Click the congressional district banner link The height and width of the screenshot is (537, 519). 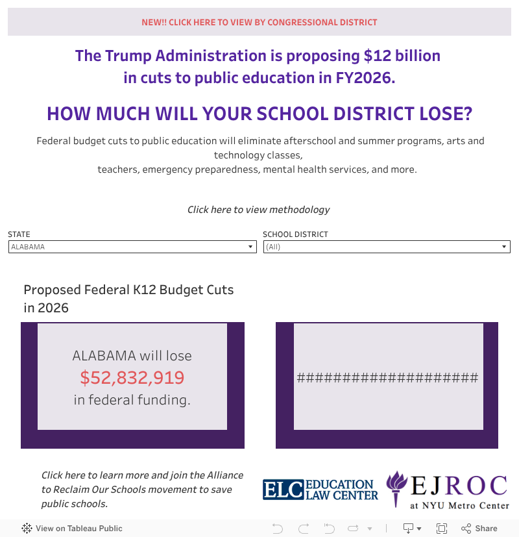(259, 22)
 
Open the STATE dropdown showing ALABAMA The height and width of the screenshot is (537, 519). (132, 247)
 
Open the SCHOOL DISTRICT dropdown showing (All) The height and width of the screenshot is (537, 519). (387, 247)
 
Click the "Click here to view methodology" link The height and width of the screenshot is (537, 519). (258, 209)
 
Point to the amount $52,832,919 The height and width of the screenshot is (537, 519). (132, 377)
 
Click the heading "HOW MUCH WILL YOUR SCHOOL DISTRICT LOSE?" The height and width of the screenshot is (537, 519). (259, 114)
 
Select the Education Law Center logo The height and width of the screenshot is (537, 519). (320, 489)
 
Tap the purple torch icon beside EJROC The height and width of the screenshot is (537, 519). (396, 488)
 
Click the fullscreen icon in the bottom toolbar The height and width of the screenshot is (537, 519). (442, 528)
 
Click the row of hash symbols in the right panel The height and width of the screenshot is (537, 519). (387, 378)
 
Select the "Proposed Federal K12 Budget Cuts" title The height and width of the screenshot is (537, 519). (128, 290)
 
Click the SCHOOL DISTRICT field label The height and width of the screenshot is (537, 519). (295, 234)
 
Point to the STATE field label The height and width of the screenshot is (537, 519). (19, 234)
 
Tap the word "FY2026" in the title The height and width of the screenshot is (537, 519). (364, 78)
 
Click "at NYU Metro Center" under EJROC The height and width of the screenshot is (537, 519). (459, 505)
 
